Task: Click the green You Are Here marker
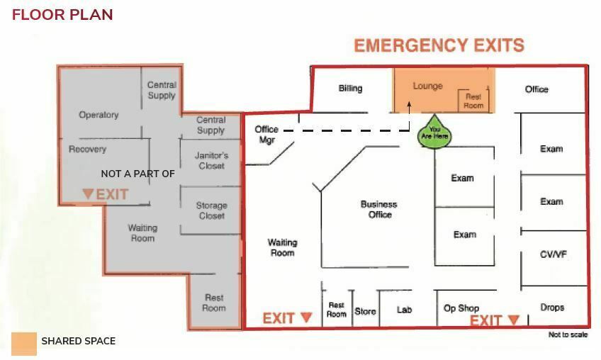tap(434, 133)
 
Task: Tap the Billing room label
tap(350, 89)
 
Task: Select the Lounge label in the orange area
tap(428, 86)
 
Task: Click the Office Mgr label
tap(266, 135)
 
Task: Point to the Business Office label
tap(379, 209)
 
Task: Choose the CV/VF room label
tap(553, 254)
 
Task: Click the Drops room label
tap(552, 307)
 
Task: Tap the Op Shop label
tap(461, 308)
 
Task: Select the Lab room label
tap(405, 310)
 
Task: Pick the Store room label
tap(365, 311)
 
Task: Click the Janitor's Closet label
tap(212, 161)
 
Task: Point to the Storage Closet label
tap(212, 210)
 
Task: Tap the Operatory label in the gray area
tap(99, 115)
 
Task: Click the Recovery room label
tap(87, 149)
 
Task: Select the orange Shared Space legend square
tap(24, 344)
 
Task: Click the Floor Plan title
tap(62, 15)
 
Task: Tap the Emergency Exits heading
tap(439, 45)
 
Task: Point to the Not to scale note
tap(568, 334)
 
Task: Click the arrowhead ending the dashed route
tap(410, 104)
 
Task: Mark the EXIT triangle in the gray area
tap(88, 193)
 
